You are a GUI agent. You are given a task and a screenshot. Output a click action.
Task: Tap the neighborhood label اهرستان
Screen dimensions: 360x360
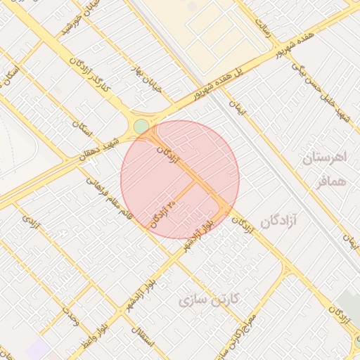coord(326,157)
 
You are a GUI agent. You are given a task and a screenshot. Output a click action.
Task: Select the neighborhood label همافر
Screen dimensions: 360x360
coord(327,181)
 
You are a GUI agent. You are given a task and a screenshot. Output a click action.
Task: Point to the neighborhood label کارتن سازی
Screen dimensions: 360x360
coord(210,300)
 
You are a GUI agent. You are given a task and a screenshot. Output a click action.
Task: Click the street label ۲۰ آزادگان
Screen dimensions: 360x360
coord(163,211)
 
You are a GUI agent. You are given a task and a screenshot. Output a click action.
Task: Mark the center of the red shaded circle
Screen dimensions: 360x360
coord(180,179)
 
